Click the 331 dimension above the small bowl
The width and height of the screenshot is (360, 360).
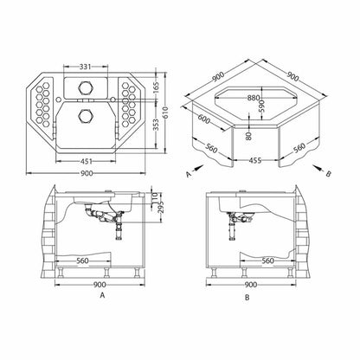pos(85,67)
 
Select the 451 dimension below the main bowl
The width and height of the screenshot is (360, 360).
pos(86,161)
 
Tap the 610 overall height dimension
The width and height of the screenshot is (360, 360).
pos(164,112)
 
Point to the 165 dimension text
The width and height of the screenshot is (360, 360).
pos(156,88)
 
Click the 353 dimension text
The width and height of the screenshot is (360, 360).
pos(156,125)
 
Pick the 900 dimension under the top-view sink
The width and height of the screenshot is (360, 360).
pos(87,173)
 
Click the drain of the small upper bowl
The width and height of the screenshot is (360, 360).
pos(86,87)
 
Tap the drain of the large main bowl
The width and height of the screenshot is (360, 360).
pos(86,116)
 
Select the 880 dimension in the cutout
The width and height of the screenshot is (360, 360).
pos(254,98)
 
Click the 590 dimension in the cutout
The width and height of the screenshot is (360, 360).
pos(261,107)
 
